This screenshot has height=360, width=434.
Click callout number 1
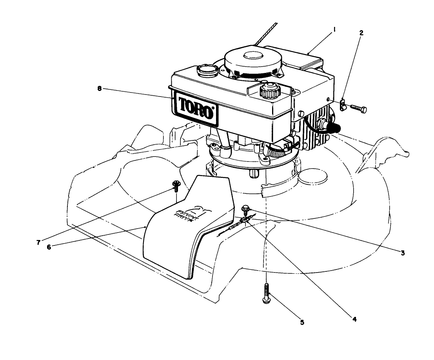(x=335, y=29)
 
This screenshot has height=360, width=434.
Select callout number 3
(x=402, y=253)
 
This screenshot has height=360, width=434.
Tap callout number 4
(x=354, y=319)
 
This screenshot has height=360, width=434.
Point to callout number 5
(x=302, y=323)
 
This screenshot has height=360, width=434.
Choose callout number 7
(x=38, y=242)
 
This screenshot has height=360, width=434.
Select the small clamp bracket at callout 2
(x=343, y=105)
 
